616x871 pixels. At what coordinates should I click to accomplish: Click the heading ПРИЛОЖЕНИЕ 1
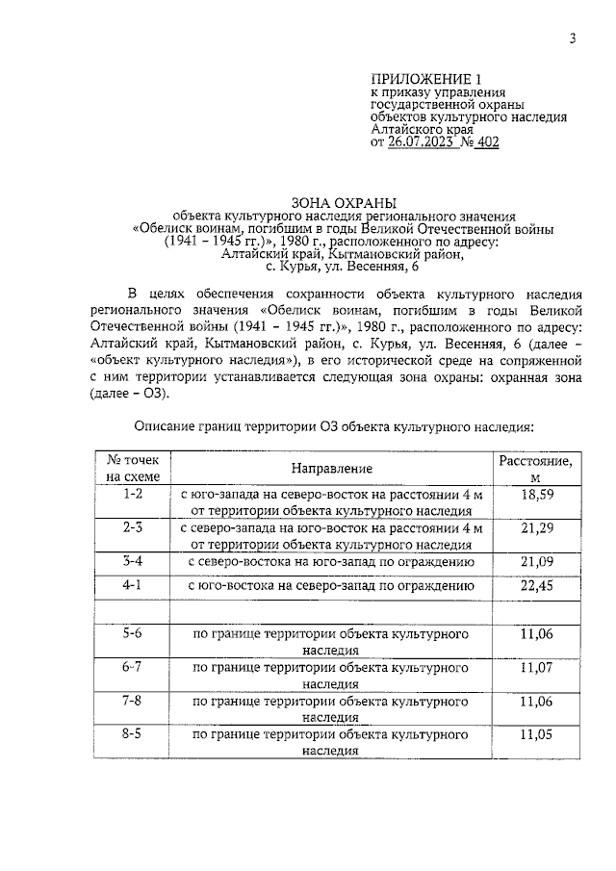click(425, 78)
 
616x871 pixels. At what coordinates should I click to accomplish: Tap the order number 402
click(486, 142)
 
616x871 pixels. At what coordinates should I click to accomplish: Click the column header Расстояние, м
click(535, 469)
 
